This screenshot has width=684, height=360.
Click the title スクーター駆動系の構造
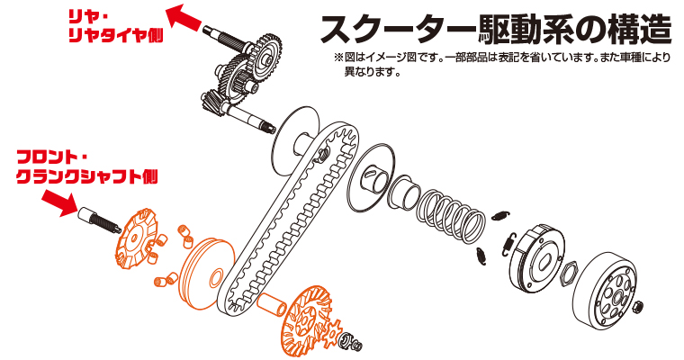(x=496, y=29)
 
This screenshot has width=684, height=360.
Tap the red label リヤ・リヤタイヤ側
(x=115, y=26)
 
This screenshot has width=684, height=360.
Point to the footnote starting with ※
(x=501, y=64)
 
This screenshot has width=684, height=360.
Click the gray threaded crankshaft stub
(x=99, y=220)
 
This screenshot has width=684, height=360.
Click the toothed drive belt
(x=288, y=218)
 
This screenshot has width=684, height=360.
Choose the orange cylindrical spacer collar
(x=271, y=304)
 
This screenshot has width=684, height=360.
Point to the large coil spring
(x=451, y=215)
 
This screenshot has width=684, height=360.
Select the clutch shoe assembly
(x=536, y=258)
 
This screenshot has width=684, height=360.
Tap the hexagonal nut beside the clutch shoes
(x=569, y=274)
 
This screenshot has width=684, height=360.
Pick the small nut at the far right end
(x=638, y=306)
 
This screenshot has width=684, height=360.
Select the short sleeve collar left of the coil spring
(x=403, y=191)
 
